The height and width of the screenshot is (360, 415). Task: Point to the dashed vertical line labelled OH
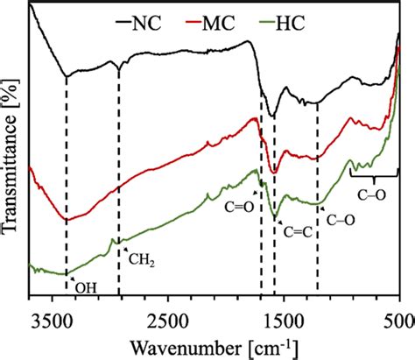click(x=66, y=175)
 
